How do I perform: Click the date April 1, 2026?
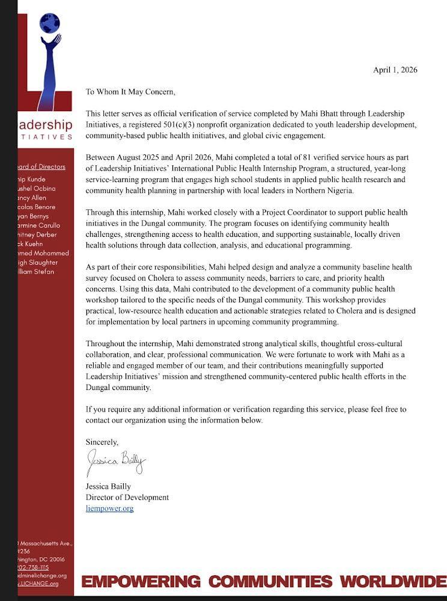pos(395,70)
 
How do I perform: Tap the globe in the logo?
pos(49,23)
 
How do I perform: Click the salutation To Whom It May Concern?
pos(130,92)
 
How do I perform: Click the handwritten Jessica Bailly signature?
pos(116,463)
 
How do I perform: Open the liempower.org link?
pos(109,508)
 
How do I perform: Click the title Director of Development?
pos(127,498)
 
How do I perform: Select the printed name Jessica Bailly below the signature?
pos(108,487)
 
